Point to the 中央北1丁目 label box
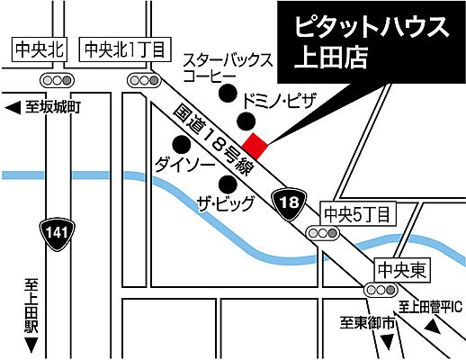[x=123, y=50]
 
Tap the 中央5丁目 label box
[x=357, y=213]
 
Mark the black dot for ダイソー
[x=183, y=144]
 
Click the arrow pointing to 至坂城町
[x=13, y=109]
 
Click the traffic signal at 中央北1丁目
[x=142, y=80]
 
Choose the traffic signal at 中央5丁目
[x=324, y=233]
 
